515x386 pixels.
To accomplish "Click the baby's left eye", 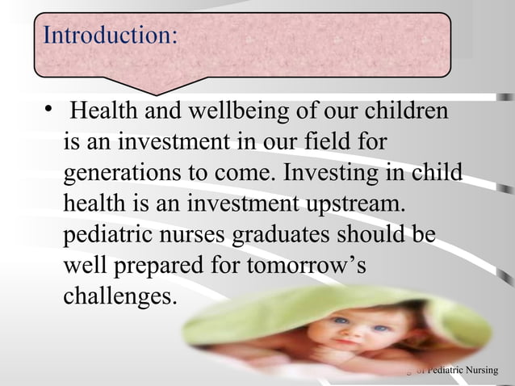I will (341, 321).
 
